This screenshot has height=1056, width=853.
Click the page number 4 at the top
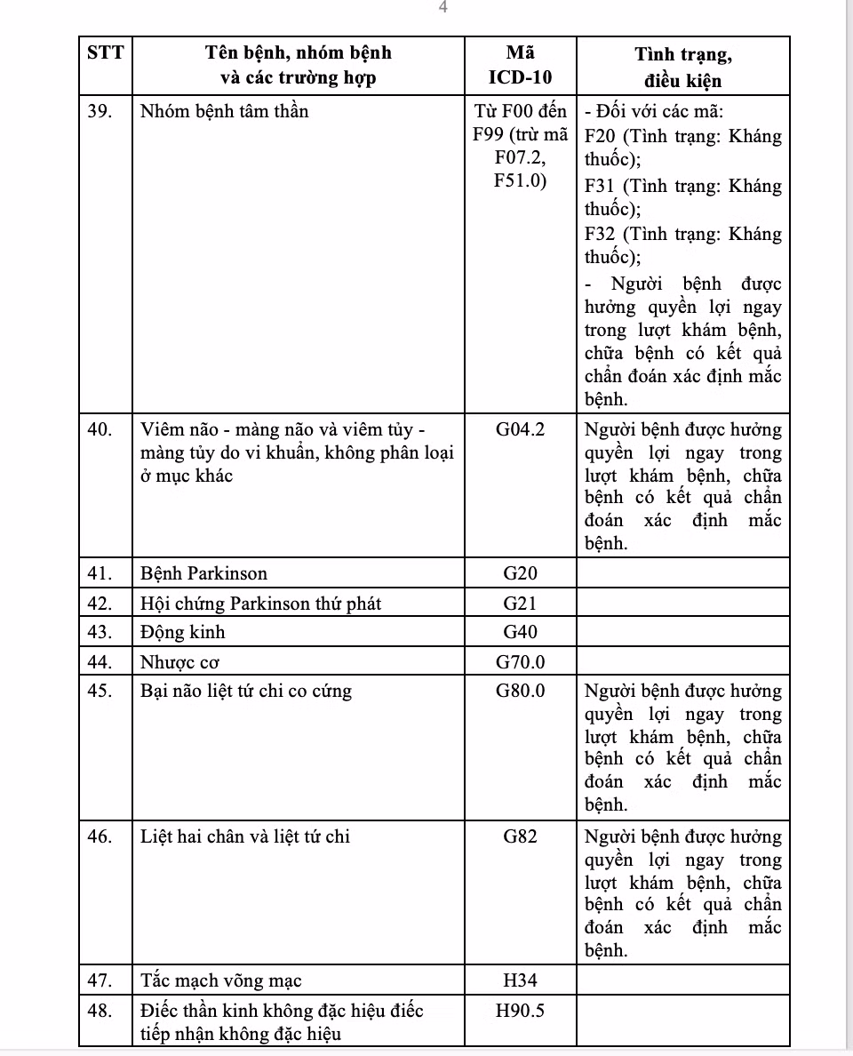(442, 8)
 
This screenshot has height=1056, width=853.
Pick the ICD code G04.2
(520, 430)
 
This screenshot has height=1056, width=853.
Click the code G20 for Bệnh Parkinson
(520, 573)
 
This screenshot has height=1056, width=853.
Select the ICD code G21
(520, 604)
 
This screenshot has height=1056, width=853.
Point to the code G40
(520, 632)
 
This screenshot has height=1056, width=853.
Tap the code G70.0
(520, 662)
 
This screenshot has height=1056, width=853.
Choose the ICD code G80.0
(520, 692)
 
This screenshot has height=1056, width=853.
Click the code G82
(520, 836)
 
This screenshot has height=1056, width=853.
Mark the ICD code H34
(520, 981)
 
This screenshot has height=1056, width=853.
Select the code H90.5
(520, 1011)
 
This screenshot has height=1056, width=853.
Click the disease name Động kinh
(183, 632)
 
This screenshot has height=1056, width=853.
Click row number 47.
(100, 981)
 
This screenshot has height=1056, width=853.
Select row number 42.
(100, 604)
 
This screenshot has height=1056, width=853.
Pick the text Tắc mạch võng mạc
(221, 981)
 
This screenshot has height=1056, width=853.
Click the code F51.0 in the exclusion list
(521, 181)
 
